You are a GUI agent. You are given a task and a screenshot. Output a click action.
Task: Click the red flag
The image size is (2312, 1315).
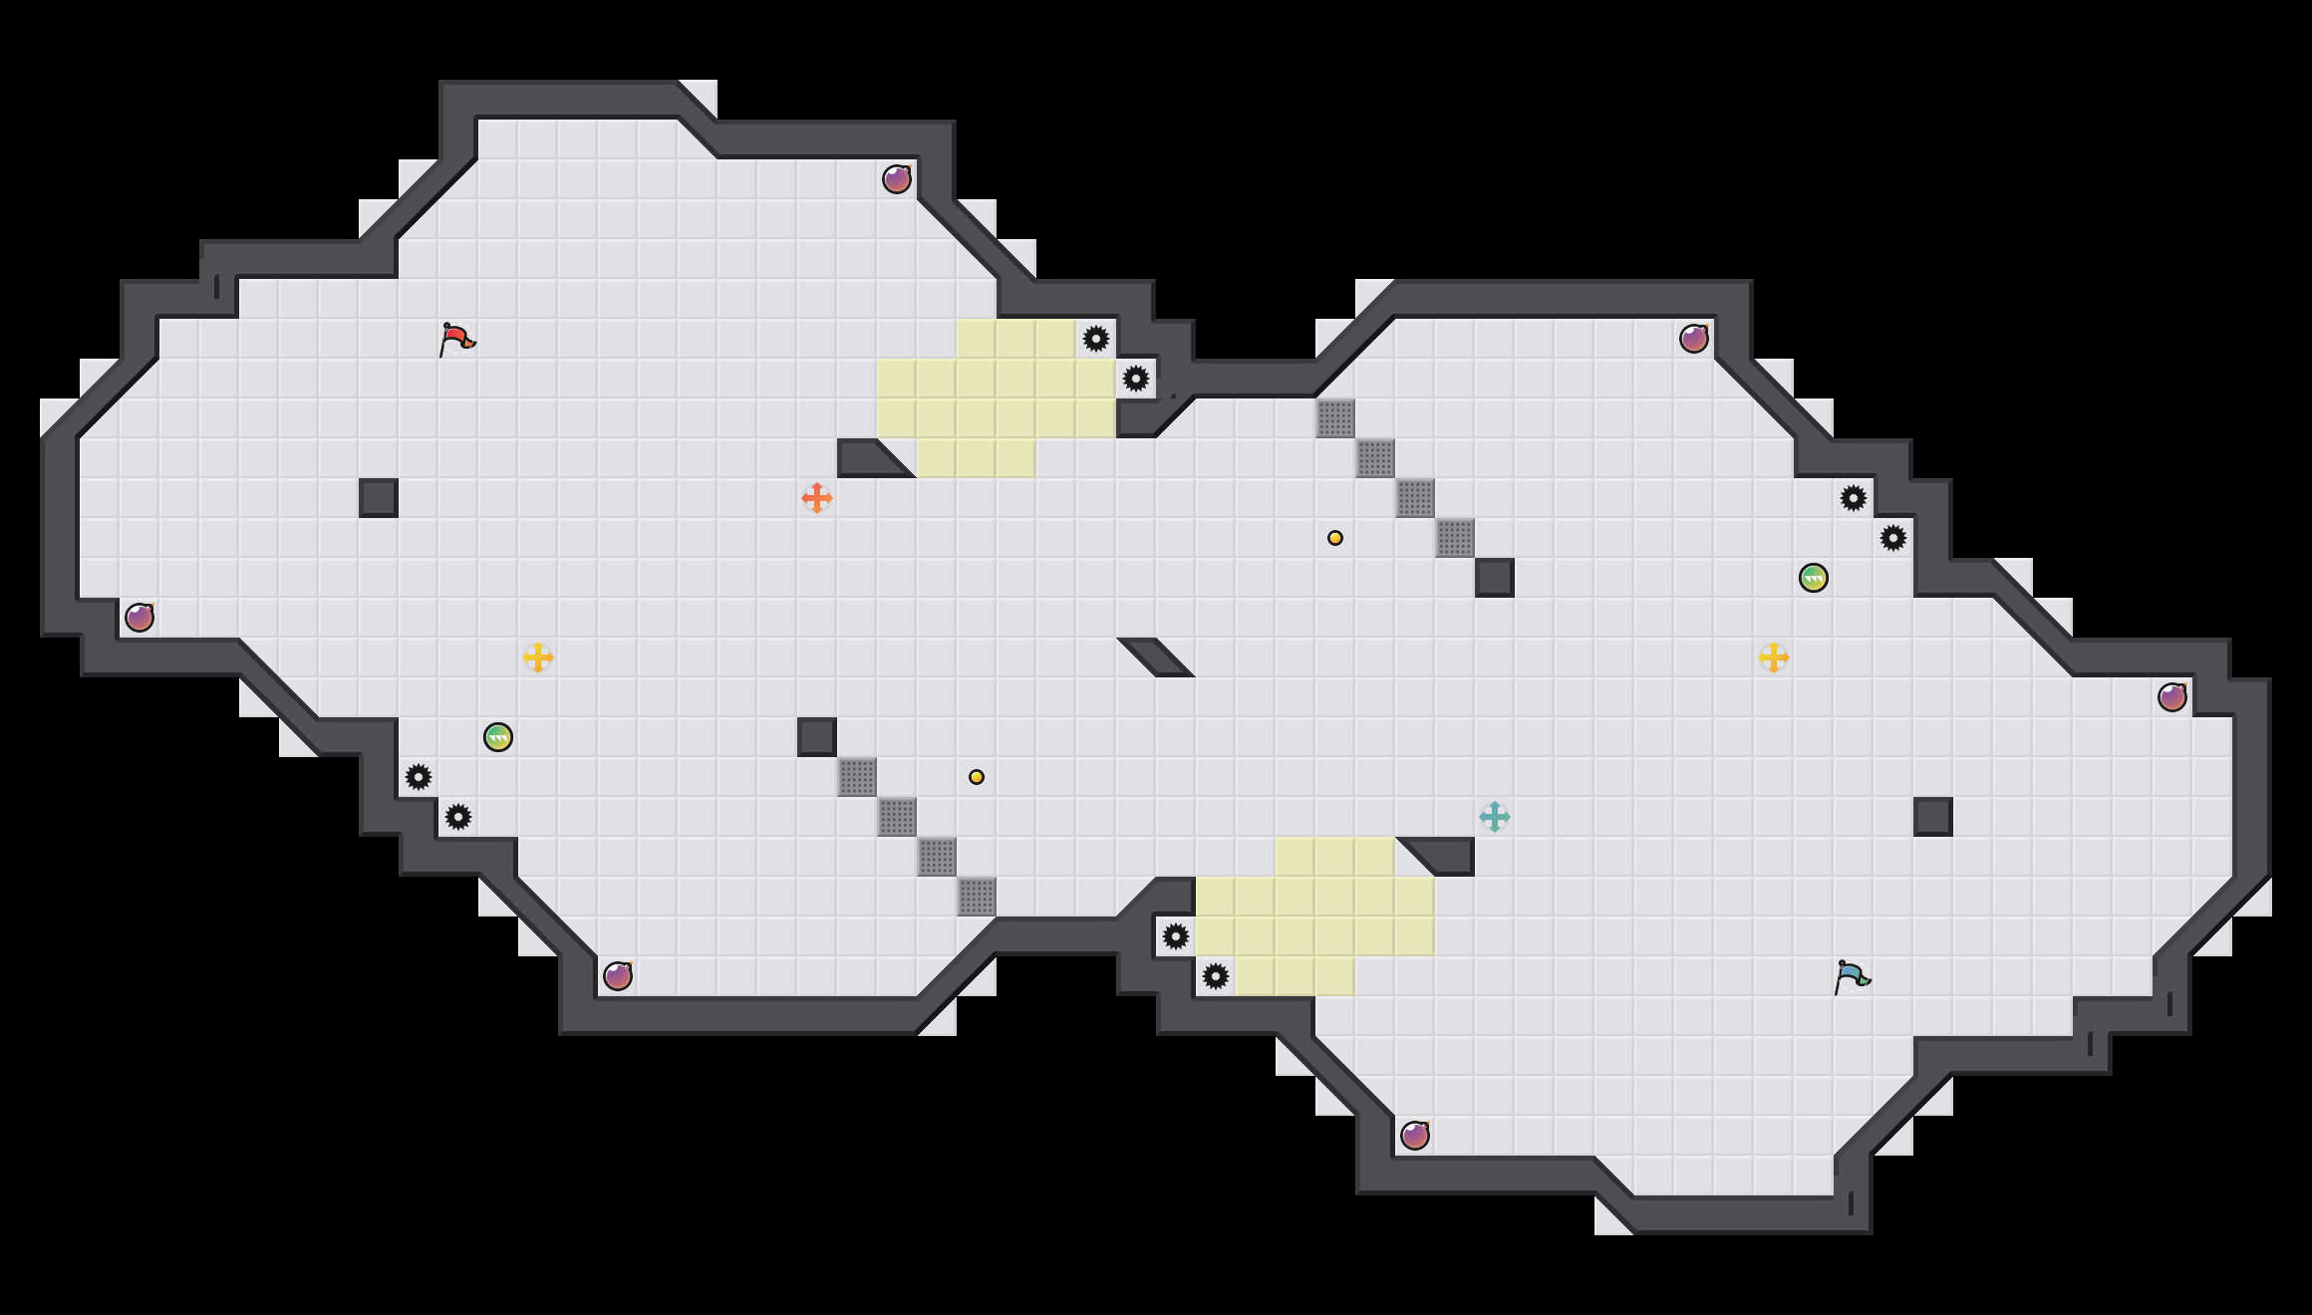point(456,339)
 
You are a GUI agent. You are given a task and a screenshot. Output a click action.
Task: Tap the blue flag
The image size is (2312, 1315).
point(1852,976)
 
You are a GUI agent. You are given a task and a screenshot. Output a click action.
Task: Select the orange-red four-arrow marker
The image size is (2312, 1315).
point(817,498)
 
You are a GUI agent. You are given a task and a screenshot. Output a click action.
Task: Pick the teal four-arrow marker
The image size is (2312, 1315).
point(1495,817)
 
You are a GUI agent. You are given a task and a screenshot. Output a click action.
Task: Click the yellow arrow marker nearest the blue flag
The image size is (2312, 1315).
point(1774,657)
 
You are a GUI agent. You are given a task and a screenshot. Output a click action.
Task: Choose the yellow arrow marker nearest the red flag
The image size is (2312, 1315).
point(538,657)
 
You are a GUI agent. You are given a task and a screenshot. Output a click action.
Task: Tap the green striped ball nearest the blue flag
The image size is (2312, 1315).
point(1814,578)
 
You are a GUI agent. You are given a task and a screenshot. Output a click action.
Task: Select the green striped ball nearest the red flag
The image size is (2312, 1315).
point(498,737)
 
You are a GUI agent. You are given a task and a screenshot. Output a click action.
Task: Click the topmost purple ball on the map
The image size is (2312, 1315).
point(897,179)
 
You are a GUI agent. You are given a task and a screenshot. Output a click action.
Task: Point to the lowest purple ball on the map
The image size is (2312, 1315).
point(1415,1136)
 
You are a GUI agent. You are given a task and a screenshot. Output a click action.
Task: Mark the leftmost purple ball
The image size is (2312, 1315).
point(140,618)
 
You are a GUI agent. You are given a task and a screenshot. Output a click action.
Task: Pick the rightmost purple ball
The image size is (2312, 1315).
point(2172,697)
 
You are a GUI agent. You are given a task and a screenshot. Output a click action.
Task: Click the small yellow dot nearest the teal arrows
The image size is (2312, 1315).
point(1335,538)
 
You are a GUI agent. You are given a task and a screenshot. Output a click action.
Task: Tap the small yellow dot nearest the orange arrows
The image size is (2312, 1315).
point(977,777)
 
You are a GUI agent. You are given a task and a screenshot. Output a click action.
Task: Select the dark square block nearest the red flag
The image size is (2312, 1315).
point(379,498)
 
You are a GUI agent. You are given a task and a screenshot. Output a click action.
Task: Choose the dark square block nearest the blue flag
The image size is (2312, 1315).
point(1933,817)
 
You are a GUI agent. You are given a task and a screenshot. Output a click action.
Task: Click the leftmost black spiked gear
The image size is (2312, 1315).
point(419,777)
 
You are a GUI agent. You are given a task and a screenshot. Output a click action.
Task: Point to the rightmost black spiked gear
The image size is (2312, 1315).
point(1893,538)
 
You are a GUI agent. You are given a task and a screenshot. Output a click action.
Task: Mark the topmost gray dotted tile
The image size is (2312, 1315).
point(1335,418)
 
